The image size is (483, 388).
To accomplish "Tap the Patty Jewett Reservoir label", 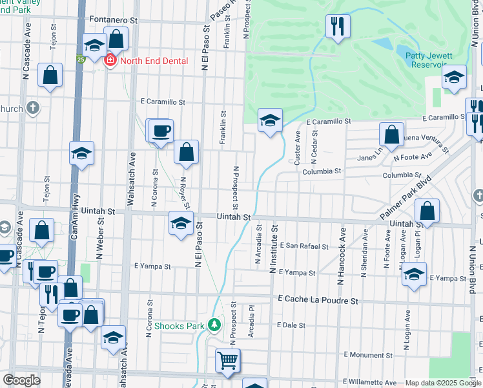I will [428, 60].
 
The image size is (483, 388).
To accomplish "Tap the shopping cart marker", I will [227, 361].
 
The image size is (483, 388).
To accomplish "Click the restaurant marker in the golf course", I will [337, 27].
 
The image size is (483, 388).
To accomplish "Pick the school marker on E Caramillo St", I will [270, 120].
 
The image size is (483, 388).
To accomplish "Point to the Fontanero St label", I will [114, 20].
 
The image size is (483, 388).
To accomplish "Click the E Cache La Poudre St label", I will [318, 301].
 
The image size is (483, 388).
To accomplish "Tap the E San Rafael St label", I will [304, 246].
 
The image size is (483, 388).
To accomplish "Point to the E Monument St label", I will [368, 354].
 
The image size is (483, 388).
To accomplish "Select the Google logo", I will [21, 380].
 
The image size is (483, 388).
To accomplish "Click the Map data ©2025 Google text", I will [443, 383].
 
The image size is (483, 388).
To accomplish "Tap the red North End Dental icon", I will [110, 61].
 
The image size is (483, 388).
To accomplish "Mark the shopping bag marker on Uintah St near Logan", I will [427, 211].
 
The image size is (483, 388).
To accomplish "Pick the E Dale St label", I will [290, 325].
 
